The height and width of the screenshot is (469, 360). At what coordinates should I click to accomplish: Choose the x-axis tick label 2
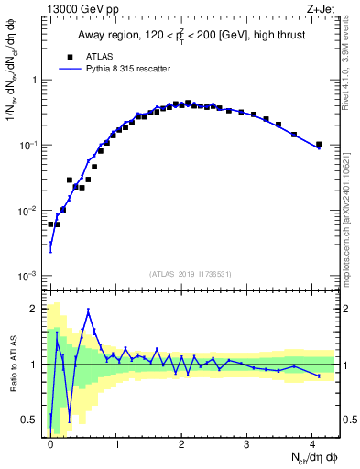coord(181,442)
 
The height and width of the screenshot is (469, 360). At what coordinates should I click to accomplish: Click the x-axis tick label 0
coord(50,442)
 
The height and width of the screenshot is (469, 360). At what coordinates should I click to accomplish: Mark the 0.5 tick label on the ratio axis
coord(33,420)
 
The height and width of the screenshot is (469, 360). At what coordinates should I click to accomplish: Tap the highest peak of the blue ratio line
coord(89,311)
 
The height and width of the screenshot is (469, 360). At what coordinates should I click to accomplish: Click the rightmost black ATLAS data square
coord(319,144)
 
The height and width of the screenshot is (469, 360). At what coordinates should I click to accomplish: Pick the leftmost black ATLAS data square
coord(51,224)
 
